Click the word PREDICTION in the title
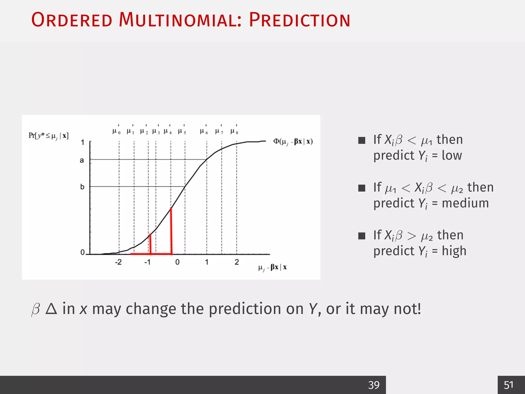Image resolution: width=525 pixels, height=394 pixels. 299,20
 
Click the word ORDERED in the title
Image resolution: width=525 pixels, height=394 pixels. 72,20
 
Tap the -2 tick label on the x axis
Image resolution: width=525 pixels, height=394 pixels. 118,262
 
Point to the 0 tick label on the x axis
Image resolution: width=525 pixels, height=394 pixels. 177,262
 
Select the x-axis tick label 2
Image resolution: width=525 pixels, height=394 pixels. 237,262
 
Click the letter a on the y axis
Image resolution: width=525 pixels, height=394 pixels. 82,160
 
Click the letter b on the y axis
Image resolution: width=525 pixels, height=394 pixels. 82,187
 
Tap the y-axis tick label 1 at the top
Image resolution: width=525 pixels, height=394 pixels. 83,142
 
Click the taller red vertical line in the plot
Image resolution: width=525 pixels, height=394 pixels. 171,231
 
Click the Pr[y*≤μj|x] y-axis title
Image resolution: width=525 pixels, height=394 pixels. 48,136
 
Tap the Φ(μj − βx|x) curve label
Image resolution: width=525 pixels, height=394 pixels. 293,142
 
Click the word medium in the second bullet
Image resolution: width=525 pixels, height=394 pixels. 465,203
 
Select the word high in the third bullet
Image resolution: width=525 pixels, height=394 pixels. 454,251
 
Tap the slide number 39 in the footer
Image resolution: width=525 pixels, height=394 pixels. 374,385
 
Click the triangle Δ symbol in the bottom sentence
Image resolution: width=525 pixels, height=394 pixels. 51,309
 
